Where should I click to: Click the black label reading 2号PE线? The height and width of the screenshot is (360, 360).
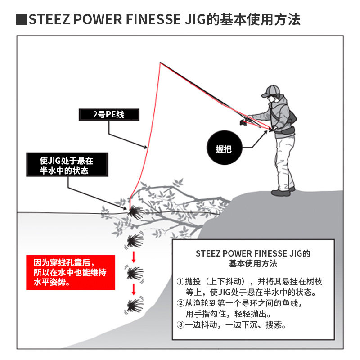click(x=108, y=115)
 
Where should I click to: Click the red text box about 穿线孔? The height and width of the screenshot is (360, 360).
click(x=70, y=272)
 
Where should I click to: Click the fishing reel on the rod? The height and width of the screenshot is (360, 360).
click(x=244, y=121)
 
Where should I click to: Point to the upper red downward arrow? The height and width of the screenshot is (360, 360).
click(x=134, y=257)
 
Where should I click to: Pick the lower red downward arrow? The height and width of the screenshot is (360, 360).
click(x=134, y=288)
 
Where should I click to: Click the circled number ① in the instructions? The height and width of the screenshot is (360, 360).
click(x=181, y=282)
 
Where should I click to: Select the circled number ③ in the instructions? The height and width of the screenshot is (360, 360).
click(x=181, y=324)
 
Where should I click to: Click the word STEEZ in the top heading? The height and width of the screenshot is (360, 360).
click(x=47, y=20)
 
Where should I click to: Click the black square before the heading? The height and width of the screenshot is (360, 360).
click(x=21, y=20)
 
